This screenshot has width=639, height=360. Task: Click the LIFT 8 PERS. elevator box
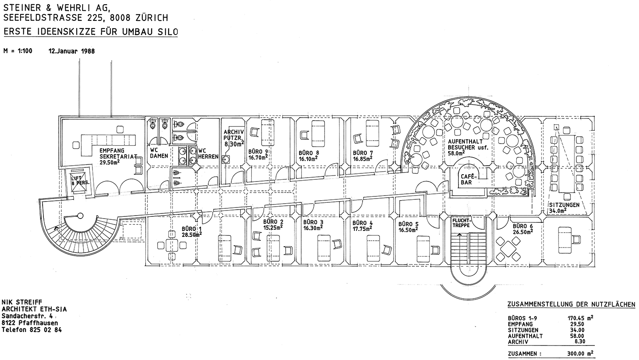(x=78, y=180)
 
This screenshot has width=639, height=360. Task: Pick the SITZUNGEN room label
(x=564, y=205)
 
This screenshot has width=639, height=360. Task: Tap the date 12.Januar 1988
(x=72, y=51)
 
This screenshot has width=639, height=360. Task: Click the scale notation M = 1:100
(x=18, y=51)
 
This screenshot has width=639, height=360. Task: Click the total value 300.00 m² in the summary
(x=581, y=354)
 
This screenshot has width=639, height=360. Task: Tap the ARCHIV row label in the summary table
(x=518, y=342)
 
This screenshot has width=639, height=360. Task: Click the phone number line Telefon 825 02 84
(x=32, y=330)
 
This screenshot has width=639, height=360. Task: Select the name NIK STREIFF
(x=22, y=302)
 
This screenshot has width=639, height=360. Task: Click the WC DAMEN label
(x=159, y=153)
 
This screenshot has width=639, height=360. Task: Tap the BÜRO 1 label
(x=189, y=229)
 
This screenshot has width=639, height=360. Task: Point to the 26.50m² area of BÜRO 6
(x=523, y=232)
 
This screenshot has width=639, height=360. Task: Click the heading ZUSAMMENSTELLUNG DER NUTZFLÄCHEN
(x=571, y=305)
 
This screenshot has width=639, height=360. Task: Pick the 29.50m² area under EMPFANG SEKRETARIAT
(x=109, y=162)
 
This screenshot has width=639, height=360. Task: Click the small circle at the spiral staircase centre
(x=81, y=216)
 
